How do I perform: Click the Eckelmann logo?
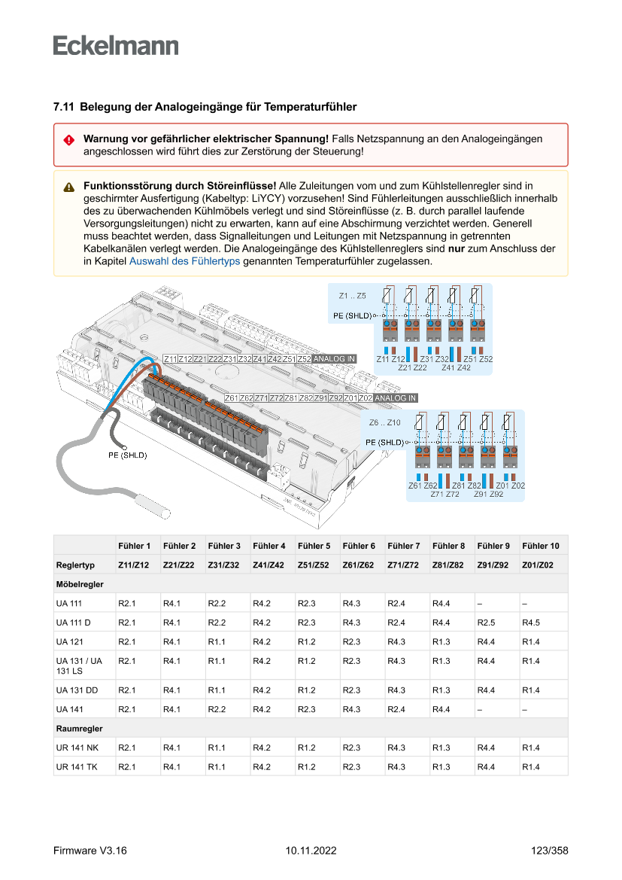tap(116, 45)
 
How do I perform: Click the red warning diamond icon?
tap(68, 140)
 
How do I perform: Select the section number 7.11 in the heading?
tap(63, 108)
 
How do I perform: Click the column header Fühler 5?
tap(314, 546)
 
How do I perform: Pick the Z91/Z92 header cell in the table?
tap(493, 565)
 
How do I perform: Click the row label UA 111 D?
tap(73, 623)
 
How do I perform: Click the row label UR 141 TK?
tap(76, 767)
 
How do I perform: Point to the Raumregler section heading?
tap(79, 729)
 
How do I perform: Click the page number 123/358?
tap(549, 851)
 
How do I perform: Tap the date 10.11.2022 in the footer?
tap(311, 851)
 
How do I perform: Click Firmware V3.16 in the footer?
tap(90, 851)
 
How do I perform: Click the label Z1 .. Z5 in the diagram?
tap(353, 296)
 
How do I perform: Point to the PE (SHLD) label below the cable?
tap(127, 455)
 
